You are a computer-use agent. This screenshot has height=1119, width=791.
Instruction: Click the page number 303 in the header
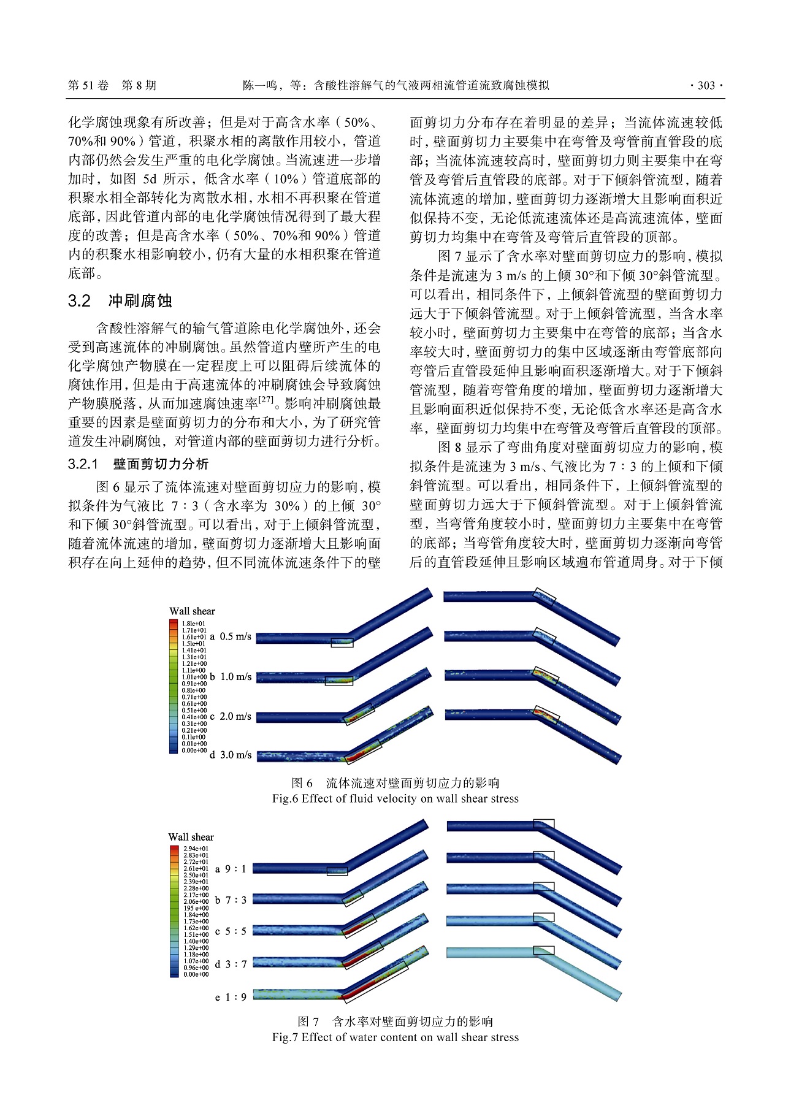(706, 86)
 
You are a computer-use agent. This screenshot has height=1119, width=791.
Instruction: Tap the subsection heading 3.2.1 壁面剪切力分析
(138, 464)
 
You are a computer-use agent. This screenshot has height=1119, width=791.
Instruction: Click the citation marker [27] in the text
(266, 400)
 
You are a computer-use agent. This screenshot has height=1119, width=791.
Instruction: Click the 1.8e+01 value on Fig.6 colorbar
(194, 624)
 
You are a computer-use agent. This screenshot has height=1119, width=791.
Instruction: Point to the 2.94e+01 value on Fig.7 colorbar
(196, 849)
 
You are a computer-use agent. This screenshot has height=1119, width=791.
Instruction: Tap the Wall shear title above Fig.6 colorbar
(192, 611)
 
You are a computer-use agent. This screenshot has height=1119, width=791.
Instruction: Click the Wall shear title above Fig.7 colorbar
(191, 837)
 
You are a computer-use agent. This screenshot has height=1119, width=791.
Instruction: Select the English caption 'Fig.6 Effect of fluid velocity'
(395, 798)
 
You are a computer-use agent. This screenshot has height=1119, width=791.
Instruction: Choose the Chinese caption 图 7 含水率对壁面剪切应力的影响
(395, 1022)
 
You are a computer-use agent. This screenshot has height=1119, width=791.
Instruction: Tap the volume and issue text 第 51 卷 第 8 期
(112, 86)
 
